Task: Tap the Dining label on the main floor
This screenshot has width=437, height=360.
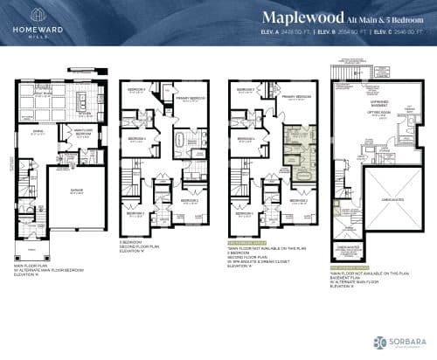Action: coord(39,131)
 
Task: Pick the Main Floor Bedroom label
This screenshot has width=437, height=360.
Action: coord(85,133)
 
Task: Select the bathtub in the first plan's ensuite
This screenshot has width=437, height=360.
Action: coord(188,138)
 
